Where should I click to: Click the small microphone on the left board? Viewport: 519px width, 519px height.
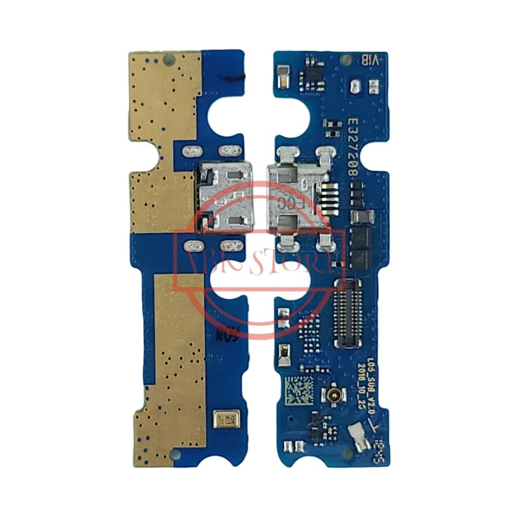pos(223,419)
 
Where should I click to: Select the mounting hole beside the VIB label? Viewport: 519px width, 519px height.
pos(347,60)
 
